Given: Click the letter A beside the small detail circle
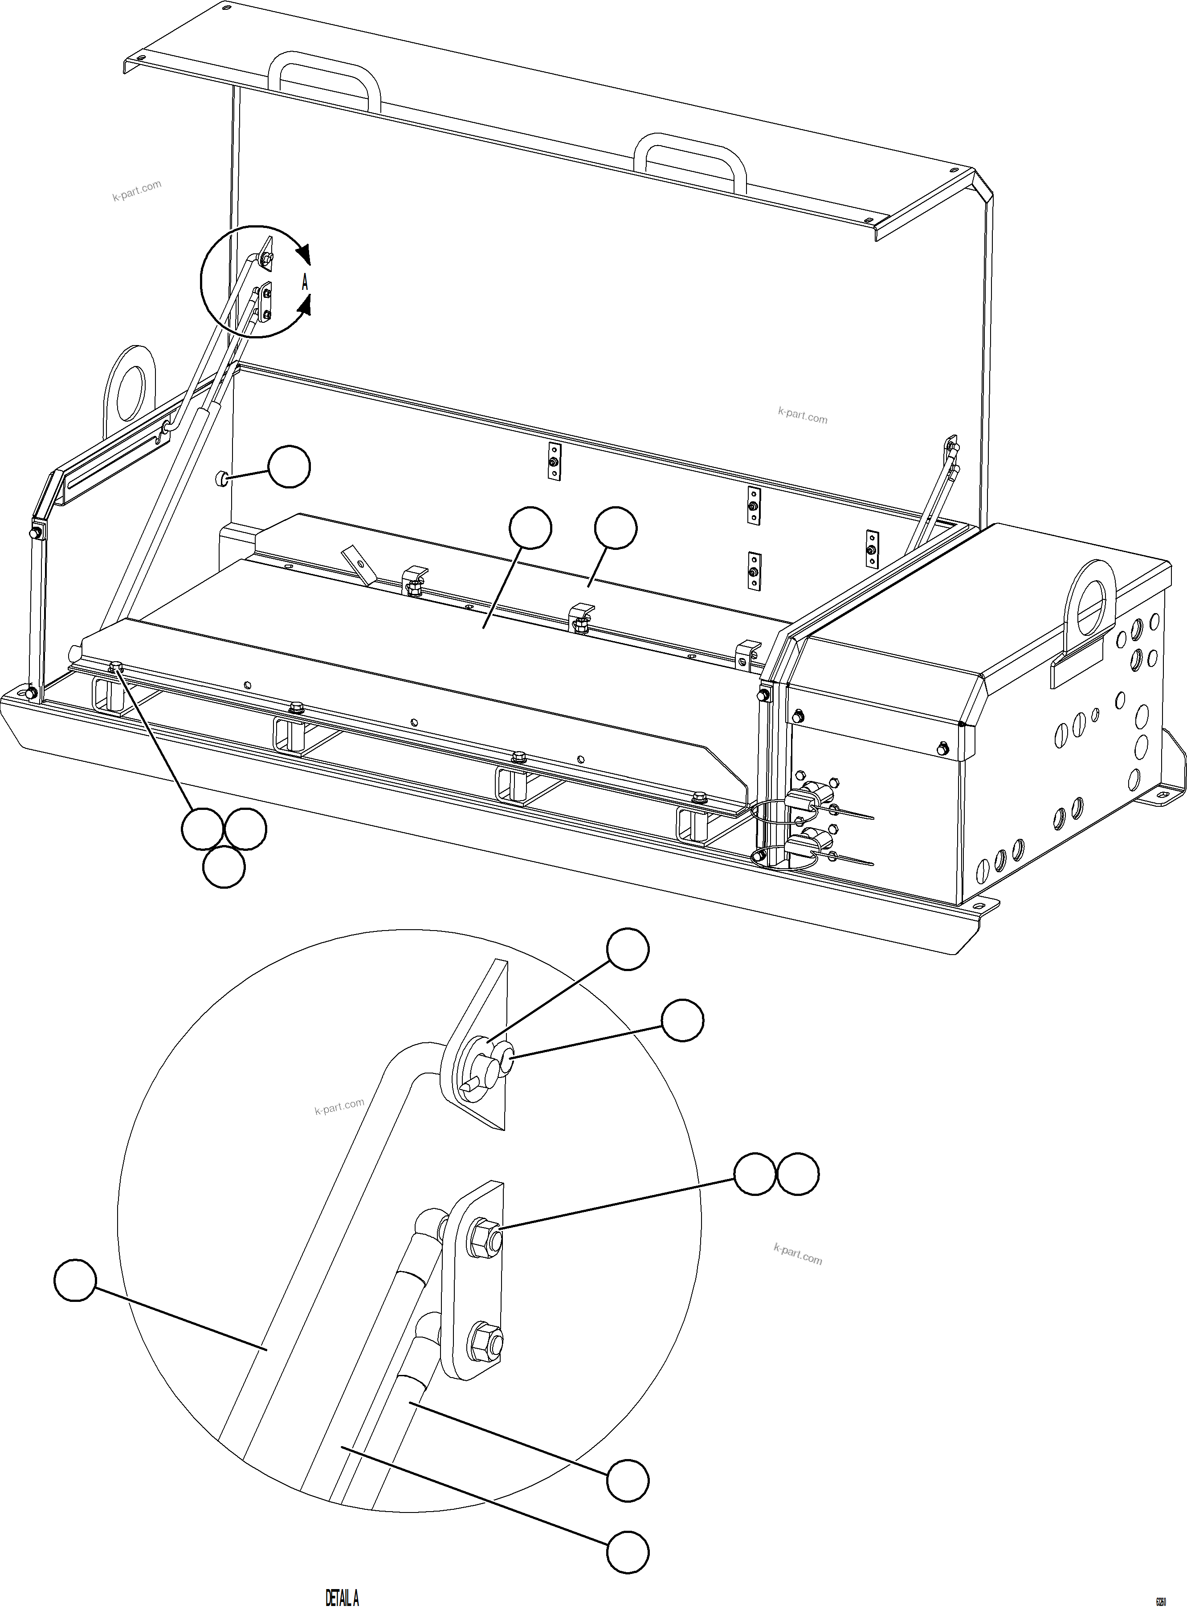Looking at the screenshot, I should click(x=305, y=282).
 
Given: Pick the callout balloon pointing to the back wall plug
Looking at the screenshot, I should click(x=289, y=467).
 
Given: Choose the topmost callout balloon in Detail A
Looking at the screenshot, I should click(x=628, y=949).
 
